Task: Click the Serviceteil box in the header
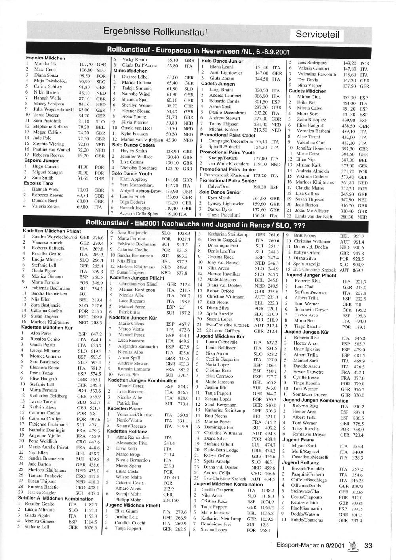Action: [x=318, y=35]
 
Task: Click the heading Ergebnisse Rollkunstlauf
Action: [x=155, y=31]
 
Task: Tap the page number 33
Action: [x=368, y=545]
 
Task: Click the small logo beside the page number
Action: [x=351, y=545]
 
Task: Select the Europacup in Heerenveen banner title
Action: [x=198, y=51]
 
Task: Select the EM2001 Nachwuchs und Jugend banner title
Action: [x=195, y=224]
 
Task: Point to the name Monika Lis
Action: [x=45, y=64]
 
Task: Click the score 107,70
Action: [x=86, y=64]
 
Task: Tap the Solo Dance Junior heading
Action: [x=222, y=61]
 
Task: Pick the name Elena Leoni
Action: [x=221, y=67]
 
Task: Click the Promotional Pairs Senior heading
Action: [x=228, y=180]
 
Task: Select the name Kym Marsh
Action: [x=219, y=198]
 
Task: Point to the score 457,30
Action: [x=349, y=98]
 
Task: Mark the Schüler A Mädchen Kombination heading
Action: [x=55, y=498]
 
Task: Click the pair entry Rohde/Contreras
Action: [x=307, y=520]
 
